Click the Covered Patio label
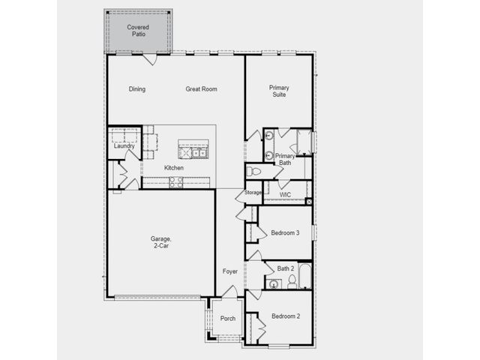point(138,31)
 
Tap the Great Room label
point(201,89)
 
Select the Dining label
point(136,89)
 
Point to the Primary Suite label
point(279,91)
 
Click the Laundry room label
point(124,146)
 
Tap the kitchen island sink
point(199,152)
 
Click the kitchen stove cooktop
point(176,182)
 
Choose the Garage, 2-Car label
point(160,241)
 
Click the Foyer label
point(230,271)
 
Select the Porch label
point(228,318)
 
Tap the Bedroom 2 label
point(286,316)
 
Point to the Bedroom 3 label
point(285,233)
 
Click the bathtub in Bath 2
point(305,276)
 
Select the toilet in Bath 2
point(292,282)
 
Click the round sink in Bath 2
point(273,284)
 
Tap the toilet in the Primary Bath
point(253,172)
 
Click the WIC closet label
point(285,195)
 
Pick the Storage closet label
point(253,193)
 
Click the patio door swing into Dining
point(150,60)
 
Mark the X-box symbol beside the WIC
point(309,202)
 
